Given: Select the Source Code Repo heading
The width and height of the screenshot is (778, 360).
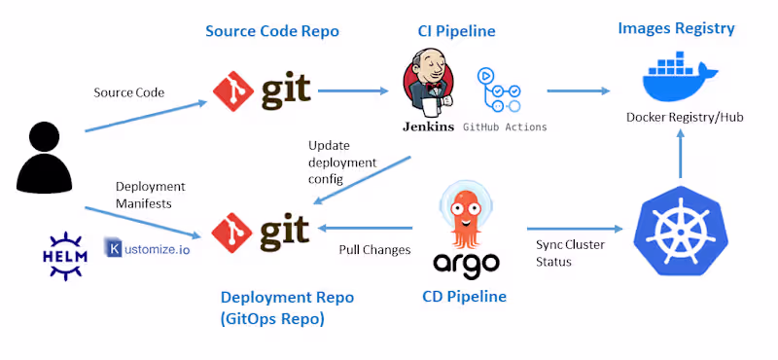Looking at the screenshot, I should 271,31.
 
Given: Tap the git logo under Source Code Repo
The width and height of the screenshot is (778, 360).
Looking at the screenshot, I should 263,91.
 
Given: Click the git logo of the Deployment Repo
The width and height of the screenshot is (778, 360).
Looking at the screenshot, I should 263,231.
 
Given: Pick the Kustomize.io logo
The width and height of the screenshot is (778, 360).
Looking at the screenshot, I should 148,249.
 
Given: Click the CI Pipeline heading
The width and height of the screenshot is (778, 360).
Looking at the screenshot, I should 449,31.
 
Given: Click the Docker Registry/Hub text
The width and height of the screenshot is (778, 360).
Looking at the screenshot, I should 684,117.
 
